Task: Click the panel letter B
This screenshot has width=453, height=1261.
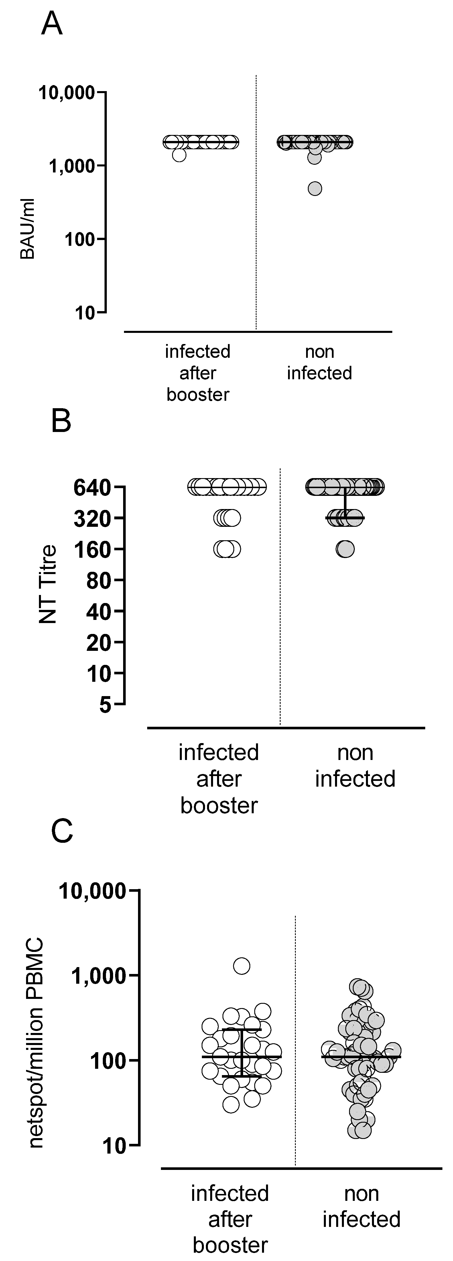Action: (61, 421)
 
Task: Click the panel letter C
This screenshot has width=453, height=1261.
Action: (62, 831)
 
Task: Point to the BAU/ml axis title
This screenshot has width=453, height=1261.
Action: (27, 229)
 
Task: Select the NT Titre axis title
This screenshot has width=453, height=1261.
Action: (48, 584)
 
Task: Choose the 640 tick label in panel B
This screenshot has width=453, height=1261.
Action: (93, 488)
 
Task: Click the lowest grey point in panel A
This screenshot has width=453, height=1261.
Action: (315, 188)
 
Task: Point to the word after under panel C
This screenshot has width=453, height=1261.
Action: (230, 1220)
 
